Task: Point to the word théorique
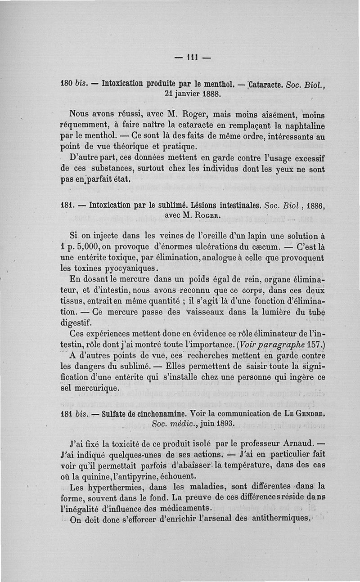coord(117,147)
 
